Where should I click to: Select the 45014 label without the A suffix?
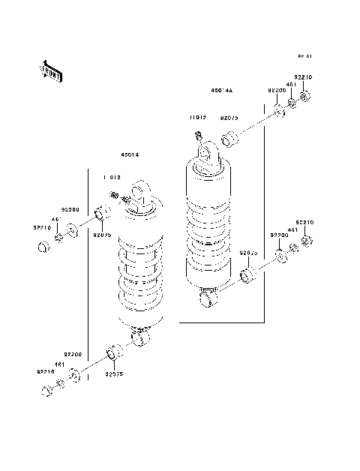(x=130, y=155)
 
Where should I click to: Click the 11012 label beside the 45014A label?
(x=197, y=118)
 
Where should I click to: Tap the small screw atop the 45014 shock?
(x=115, y=195)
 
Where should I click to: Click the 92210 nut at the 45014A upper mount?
(x=305, y=96)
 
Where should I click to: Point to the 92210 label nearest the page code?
(x=303, y=77)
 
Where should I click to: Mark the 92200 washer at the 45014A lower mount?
(x=280, y=257)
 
